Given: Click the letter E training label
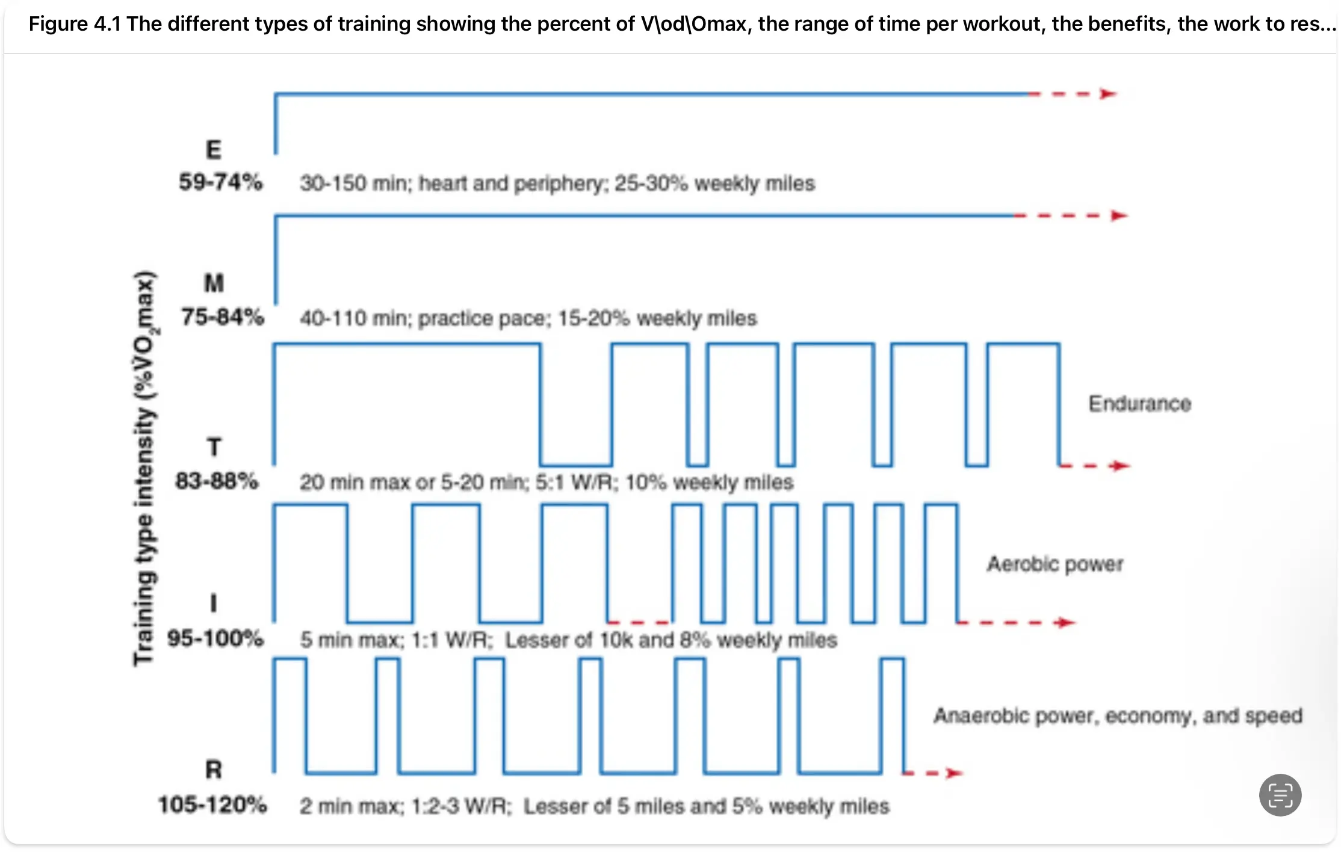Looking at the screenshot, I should pyautogui.click(x=214, y=149).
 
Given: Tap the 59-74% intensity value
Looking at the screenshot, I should pyautogui.click(x=220, y=182).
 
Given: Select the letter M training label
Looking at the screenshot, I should pyautogui.click(x=214, y=283).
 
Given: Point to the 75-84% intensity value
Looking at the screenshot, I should pyautogui.click(x=222, y=316).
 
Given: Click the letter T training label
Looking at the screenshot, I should pyautogui.click(x=214, y=447).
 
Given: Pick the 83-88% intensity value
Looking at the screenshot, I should pyautogui.click(x=217, y=481).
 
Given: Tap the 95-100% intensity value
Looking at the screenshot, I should pyautogui.click(x=215, y=638).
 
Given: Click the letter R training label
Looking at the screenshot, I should pyautogui.click(x=214, y=770).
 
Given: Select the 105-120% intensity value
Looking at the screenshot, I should pyautogui.click(x=212, y=804).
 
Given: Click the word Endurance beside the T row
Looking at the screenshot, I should pyautogui.click(x=1139, y=404).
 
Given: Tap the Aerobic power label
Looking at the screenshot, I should pyautogui.click(x=1055, y=564).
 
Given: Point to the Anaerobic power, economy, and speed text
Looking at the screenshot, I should pyautogui.click(x=1118, y=715).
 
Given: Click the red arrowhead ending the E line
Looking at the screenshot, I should pyautogui.click(x=1108, y=94).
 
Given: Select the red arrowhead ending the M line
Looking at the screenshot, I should pyautogui.click(x=1119, y=215).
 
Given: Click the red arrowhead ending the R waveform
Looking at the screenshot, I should pyautogui.click(x=953, y=773).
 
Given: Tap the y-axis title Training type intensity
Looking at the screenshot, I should pyautogui.click(x=144, y=469).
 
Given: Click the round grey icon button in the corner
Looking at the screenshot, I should pyautogui.click(x=1280, y=795).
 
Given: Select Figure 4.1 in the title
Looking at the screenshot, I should pyautogui.click(x=75, y=24).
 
